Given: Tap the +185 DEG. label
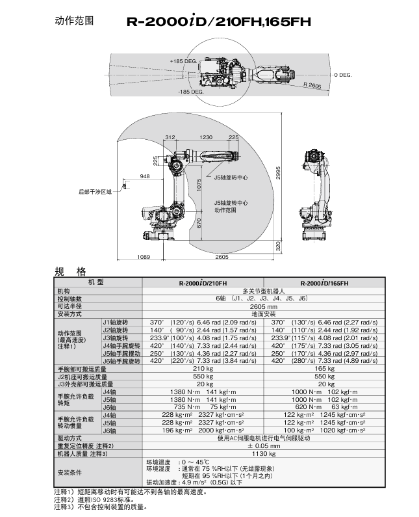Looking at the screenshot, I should pyautogui.click(x=183, y=61).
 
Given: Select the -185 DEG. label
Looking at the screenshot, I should pyautogui.click(x=190, y=92).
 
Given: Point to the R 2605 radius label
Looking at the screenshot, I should pyautogui.click(x=312, y=85).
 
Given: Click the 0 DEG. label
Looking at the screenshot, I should pyautogui.click(x=342, y=75).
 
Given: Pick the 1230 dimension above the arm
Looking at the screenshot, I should pyautogui.click(x=206, y=137).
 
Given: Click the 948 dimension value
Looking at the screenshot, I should pyautogui.click(x=144, y=176).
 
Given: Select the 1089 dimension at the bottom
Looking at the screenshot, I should pyautogui.click(x=144, y=258).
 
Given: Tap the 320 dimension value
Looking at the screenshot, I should pyautogui.click(x=277, y=246).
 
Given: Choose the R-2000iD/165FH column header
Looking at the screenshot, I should pyautogui.click(x=324, y=283).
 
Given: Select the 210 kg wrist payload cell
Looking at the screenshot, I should pyautogui.click(x=203, y=369).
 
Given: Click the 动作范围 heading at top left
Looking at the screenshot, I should pyautogui.click(x=73, y=21).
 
